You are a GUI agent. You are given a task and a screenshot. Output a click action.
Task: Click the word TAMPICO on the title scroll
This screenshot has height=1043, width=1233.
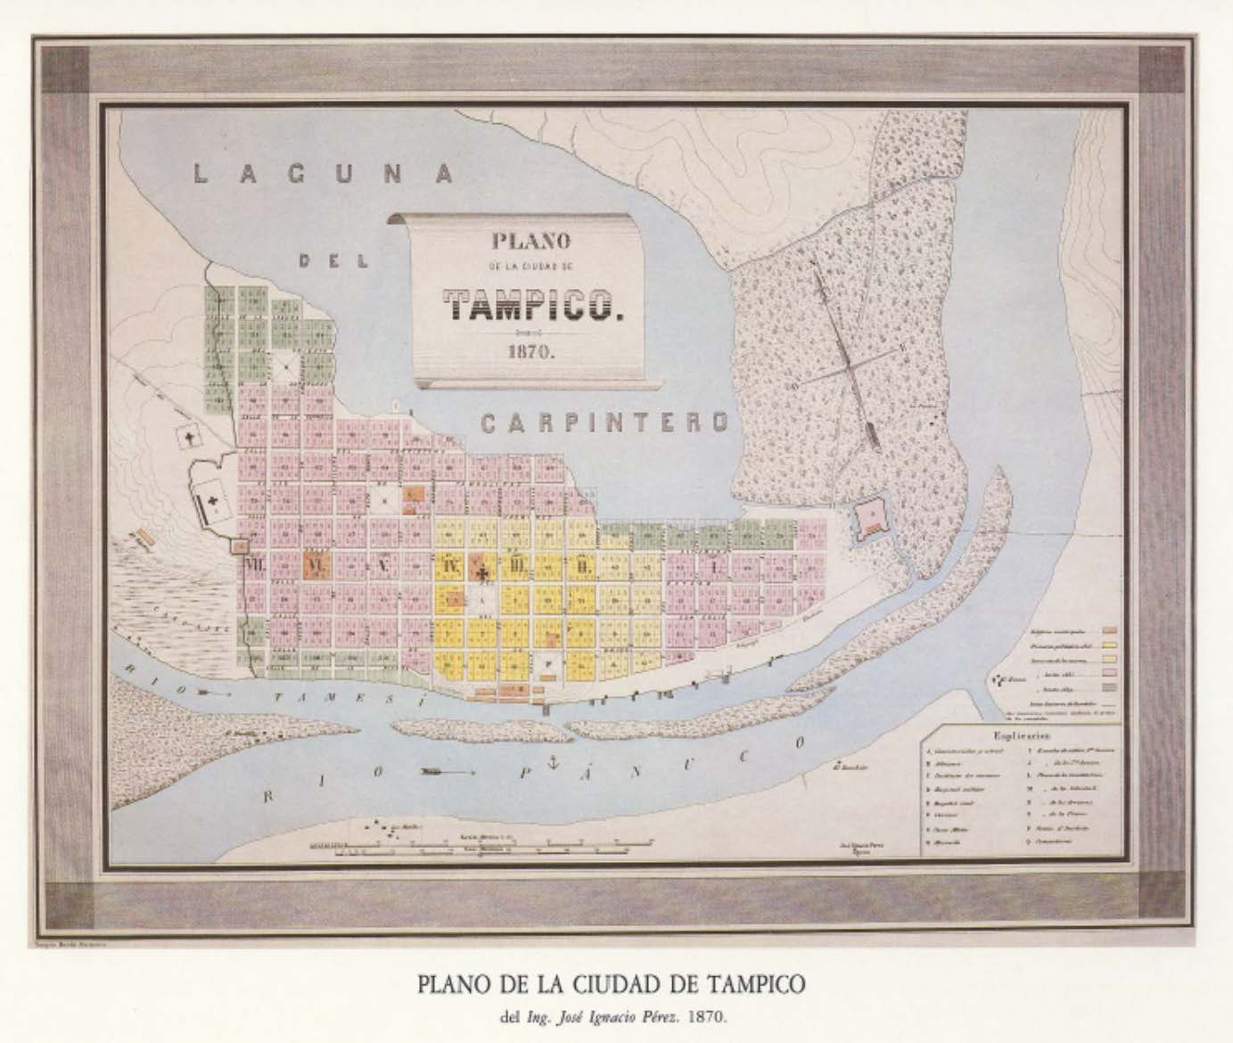click(532, 306)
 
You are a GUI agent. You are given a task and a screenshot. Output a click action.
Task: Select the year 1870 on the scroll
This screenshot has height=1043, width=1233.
click(531, 350)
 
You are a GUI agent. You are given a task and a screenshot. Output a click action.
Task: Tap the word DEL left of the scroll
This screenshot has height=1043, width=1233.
click(333, 261)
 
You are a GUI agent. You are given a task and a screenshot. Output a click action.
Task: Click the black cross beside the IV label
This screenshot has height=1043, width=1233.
click(482, 571)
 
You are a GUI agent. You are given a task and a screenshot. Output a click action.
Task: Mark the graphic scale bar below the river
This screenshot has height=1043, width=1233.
click(473, 847)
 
